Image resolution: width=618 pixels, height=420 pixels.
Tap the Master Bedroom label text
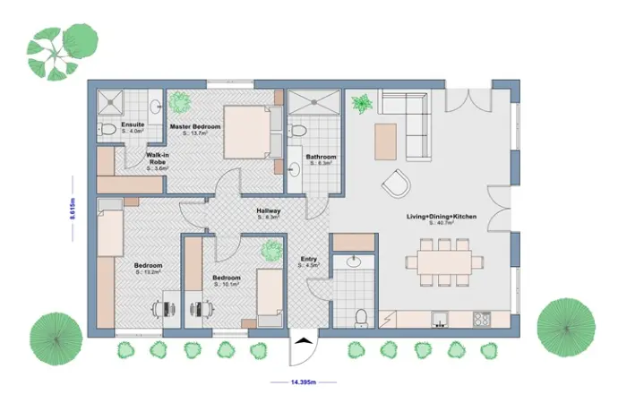pos(194,127)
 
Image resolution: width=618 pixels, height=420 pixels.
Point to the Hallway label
pos(269,210)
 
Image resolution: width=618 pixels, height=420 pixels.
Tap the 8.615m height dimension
pos(71,212)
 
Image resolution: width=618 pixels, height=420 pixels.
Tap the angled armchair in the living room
pos(395,185)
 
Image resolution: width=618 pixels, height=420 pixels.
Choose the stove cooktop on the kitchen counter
pos(482,318)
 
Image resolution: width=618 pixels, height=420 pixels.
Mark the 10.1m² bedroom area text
pos(227,286)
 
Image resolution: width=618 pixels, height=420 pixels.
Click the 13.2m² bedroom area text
pos(149,272)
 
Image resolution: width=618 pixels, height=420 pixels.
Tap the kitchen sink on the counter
pos(439,318)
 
